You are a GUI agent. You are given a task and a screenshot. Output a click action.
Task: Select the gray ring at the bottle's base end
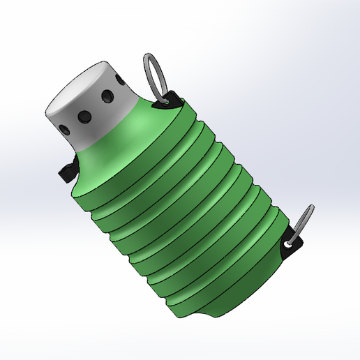coord(303,220)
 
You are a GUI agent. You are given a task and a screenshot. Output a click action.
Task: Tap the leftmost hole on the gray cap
coord(65,128)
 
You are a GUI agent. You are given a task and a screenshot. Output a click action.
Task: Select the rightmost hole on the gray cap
coord(108,95)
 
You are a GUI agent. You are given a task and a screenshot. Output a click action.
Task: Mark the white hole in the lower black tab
coord(287,245)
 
